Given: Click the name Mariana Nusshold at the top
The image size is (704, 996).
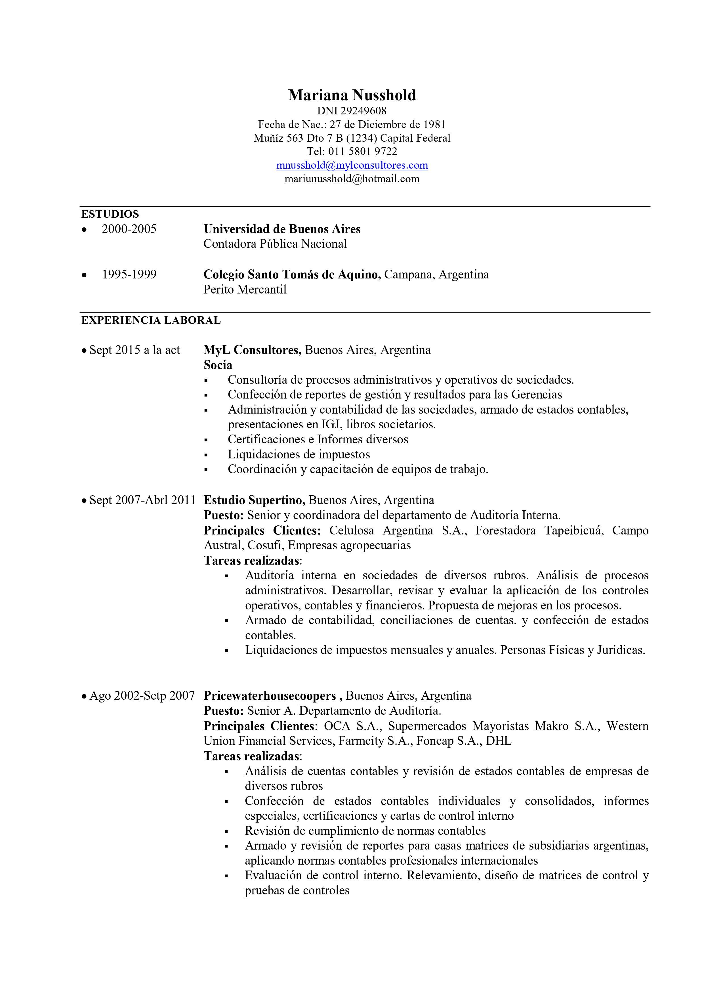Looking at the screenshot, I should coord(352,95).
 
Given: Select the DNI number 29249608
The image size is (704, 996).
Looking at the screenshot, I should coord(363,111).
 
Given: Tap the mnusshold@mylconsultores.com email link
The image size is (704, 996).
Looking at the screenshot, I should coord(352,165).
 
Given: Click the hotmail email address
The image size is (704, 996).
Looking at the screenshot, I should coord(352,179).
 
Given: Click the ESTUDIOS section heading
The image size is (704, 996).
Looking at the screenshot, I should coord(110,214).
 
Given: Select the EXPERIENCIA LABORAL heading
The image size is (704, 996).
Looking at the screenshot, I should coord(151,320).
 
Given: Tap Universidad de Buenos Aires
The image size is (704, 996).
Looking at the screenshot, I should coord(282,229).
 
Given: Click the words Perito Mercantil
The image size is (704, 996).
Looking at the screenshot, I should coord(245,289).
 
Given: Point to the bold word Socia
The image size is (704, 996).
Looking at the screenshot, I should coord(218,365).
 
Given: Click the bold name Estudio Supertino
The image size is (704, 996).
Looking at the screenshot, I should coord(255,500).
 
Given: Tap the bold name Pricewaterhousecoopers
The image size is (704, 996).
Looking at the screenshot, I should coord(270,696).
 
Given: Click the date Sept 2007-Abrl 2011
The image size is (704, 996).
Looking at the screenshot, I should coord(142,500).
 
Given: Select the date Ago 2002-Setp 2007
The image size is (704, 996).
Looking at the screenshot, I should coord(142,696).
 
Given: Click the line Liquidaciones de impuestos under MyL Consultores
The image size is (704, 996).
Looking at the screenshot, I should coord(299,454).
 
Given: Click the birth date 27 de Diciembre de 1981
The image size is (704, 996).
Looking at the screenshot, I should coord(387,125).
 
